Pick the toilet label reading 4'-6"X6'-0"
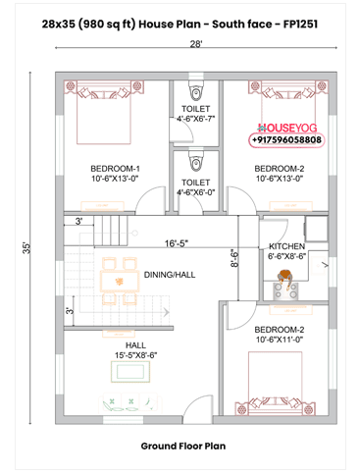[x=196, y=186]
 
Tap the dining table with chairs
[x=118, y=275]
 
